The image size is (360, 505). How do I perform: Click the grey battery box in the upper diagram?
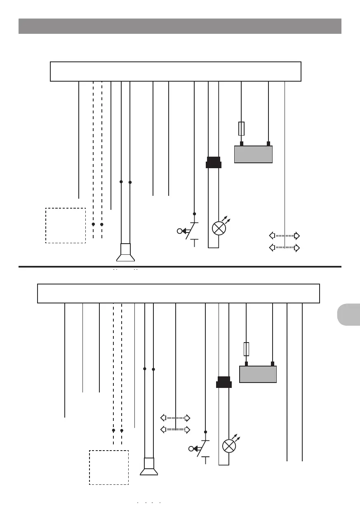click(253, 154)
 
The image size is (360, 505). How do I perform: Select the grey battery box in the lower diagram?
click(258, 374)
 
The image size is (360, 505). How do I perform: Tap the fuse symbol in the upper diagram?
click(241, 129)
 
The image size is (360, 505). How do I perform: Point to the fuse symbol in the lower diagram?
click(246, 349)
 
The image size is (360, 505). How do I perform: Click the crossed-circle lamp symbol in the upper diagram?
click(218, 228)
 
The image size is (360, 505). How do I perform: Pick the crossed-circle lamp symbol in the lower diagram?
click(229, 446)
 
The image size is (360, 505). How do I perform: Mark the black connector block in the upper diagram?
click(214, 162)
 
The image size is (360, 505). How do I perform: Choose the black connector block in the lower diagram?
click(224, 382)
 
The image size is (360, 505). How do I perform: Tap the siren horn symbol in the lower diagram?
click(149, 467)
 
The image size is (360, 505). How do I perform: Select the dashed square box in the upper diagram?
click(65, 225)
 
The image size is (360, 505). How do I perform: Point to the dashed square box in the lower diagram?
click(109, 467)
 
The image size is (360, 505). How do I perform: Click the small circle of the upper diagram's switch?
click(179, 231)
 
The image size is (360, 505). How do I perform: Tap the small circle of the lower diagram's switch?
click(191, 449)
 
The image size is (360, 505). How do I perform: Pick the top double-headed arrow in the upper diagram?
click(284, 236)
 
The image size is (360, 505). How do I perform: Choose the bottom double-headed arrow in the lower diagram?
click(175, 430)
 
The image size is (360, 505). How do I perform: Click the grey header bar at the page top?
click(180, 26)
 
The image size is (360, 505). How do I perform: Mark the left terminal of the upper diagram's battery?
click(242, 143)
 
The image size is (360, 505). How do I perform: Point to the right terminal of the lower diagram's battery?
click(273, 364)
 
